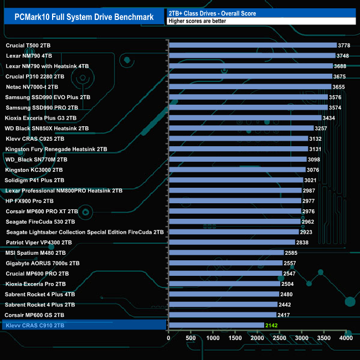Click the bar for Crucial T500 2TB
[x=252, y=45]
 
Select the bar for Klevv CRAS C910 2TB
[x=216, y=325]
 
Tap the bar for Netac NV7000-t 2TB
[x=249, y=87]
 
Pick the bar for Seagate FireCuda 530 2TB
[x=234, y=222]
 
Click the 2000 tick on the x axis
[x=257, y=337]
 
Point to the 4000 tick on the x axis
[x=346, y=337]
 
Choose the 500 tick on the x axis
[x=191, y=337]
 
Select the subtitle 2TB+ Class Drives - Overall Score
[x=212, y=13]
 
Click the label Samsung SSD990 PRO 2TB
[x=42, y=107]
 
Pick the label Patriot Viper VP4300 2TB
[x=39, y=242]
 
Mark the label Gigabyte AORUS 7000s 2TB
[x=43, y=263]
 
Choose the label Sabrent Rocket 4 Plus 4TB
[x=40, y=294]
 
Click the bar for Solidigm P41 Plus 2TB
[x=235, y=180]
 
